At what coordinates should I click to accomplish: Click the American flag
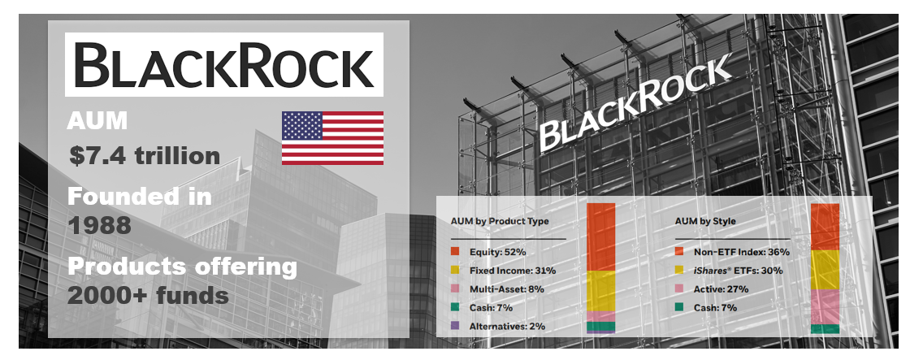point(332,137)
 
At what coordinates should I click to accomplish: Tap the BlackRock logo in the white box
point(224,64)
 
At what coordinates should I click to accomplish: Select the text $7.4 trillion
point(145,155)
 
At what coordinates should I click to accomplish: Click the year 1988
point(99,226)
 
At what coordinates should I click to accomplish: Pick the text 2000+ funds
point(148,296)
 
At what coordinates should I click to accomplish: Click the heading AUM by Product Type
point(500,221)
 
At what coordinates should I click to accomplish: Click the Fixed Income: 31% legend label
point(513,271)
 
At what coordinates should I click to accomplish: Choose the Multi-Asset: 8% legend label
point(507,289)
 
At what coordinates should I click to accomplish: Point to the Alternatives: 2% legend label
point(507,327)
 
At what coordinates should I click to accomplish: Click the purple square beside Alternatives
point(455,327)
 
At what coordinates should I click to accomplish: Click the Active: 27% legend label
point(721,289)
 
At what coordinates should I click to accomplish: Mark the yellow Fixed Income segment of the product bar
point(600,291)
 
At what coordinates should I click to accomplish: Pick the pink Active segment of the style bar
point(825,306)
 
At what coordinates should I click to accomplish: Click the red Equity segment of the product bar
point(600,237)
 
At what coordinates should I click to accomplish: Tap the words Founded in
point(139,197)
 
